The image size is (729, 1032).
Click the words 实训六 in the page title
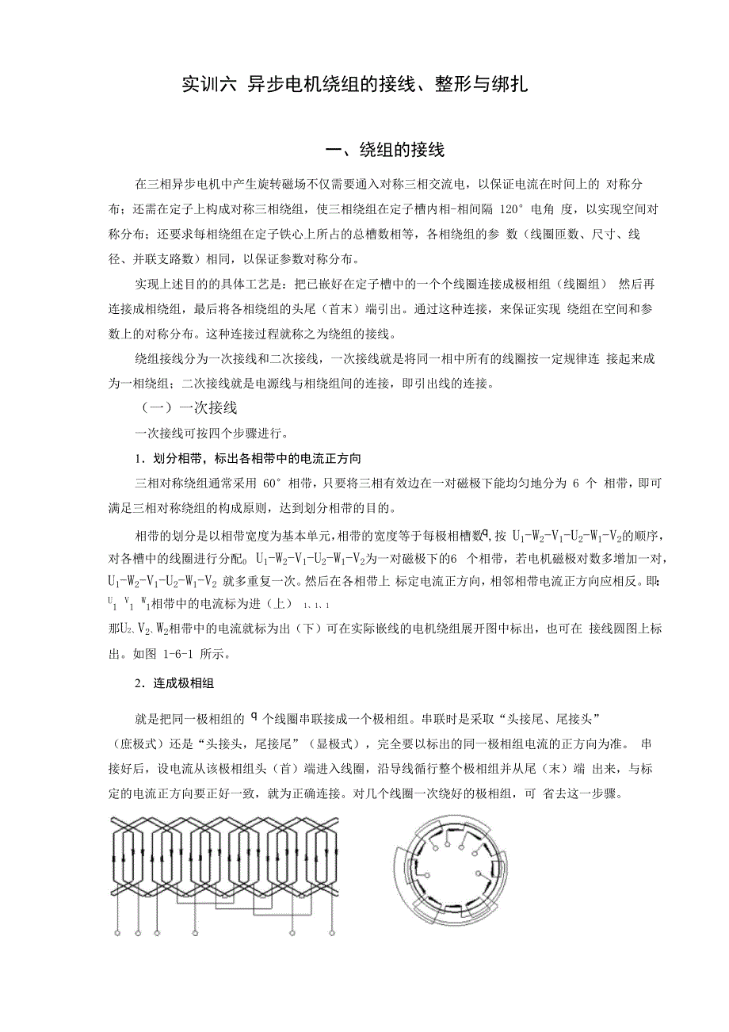pos(208,83)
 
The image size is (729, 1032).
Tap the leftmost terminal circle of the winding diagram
pos(117,935)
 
